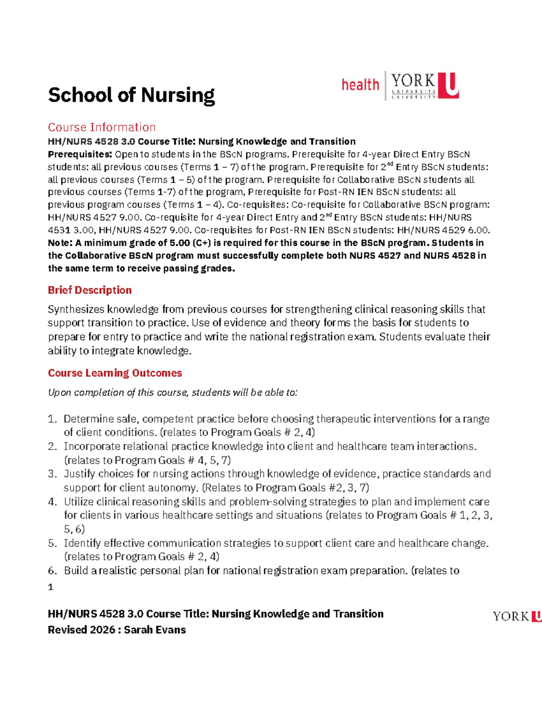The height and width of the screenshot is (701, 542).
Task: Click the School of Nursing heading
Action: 131,95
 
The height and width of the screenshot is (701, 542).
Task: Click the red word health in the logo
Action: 360,85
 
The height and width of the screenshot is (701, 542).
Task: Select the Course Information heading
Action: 102,127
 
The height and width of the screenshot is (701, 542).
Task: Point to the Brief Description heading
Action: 90,290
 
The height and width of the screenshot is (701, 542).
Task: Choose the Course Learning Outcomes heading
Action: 115,373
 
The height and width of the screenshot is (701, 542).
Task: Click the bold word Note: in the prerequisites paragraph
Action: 60,243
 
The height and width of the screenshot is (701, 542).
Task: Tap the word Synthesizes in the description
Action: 76,310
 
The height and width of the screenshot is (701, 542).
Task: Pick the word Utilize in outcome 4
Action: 79,502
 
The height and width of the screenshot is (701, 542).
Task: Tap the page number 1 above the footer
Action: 51,587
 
